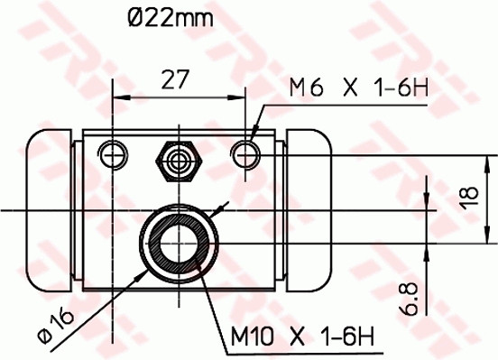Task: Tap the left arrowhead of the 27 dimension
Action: tap(117, 97)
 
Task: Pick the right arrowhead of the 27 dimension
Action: tap(241, 97)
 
